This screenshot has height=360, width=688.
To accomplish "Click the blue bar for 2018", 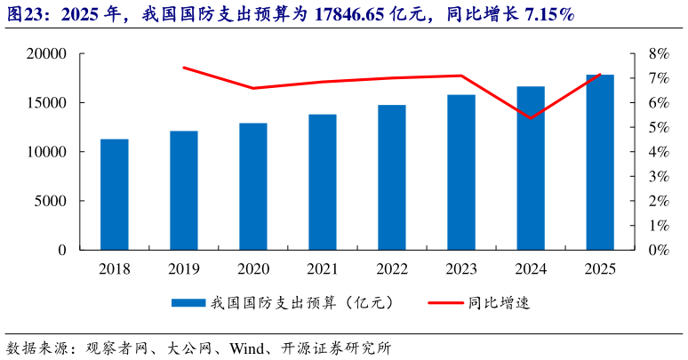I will [x=114, y=195].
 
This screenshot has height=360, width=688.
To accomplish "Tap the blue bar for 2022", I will [x=391, y=178].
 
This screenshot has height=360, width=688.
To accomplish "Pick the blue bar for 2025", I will [x=600, y=163].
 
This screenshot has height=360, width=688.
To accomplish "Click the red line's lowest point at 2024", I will [x=531, y=118].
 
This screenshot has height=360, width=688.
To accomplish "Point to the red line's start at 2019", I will [x=183, y=68].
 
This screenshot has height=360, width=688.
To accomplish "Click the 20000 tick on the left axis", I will [x=50, y=54].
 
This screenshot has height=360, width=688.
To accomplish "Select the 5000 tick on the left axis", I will [x=54, y=201].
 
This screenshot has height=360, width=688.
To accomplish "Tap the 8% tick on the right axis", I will [x=657, y=54].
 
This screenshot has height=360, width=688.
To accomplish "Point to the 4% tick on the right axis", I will [x=657, y=152].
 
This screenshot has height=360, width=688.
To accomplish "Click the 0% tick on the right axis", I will [x=657, y=250].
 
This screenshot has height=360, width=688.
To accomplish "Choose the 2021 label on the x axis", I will [x=322, y=268].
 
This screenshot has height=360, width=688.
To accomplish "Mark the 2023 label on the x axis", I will [x=460, y=268].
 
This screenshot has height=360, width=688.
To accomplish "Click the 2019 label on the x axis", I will [x=183, y=268].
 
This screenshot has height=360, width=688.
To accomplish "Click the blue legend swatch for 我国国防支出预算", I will [x=188, y=303].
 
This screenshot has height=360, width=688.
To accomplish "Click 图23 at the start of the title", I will [x=20, y=15].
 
